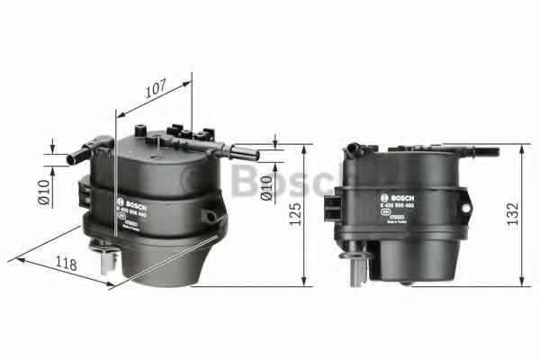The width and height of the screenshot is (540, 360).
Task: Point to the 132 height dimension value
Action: (512, 214)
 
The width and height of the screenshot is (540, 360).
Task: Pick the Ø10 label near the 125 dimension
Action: (267, 187)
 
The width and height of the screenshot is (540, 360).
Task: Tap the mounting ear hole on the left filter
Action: (210, 217)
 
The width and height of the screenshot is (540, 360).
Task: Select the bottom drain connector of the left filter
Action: (107, 261)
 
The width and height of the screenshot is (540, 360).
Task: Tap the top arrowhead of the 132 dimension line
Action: (520, 147)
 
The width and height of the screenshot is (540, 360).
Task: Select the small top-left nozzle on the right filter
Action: (354, 145)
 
